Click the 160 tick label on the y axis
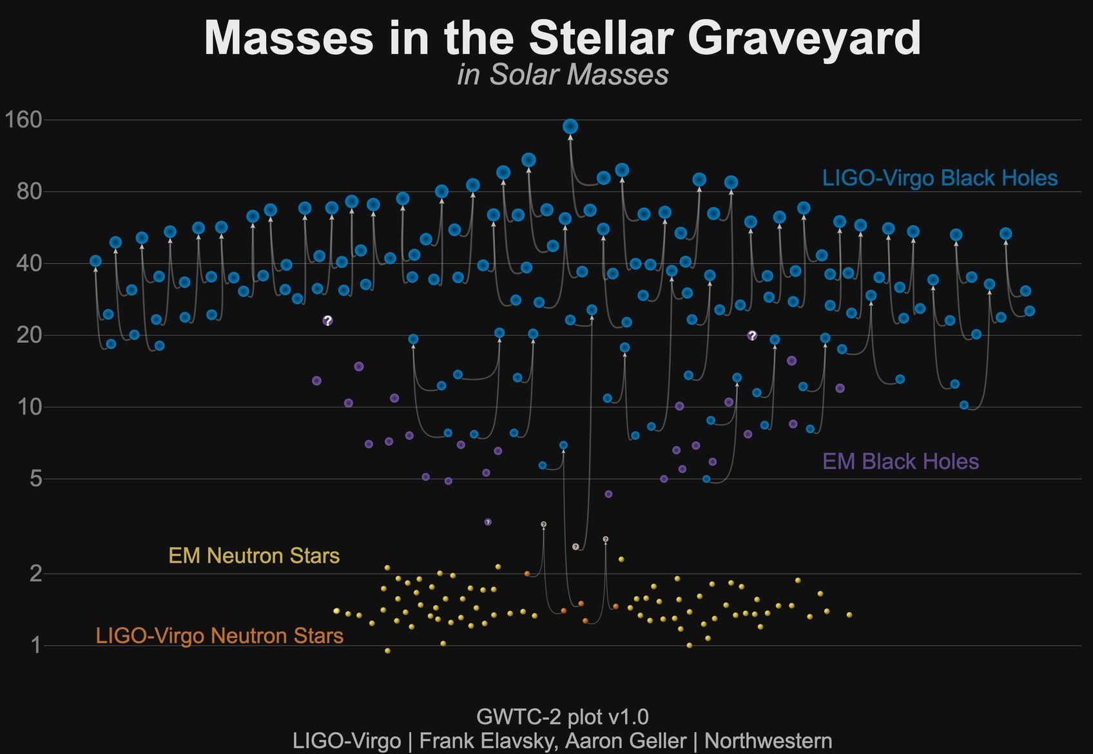[23, 120]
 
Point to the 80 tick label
[28, 192]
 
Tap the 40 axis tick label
[28, 264]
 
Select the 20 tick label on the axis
[28, 336]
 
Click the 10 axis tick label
[28, 407]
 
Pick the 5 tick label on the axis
[35, 479]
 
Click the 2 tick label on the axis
[35, 574]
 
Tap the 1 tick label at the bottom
[35, 645]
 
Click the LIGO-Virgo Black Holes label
[940, 179]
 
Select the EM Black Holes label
[900, 461]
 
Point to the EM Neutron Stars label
[254, 556]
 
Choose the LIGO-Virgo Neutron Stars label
[219, 636]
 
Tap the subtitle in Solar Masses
[563, 75]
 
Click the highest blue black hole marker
[570, 126]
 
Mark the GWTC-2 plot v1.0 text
[562, 717]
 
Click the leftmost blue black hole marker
[95, 261]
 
